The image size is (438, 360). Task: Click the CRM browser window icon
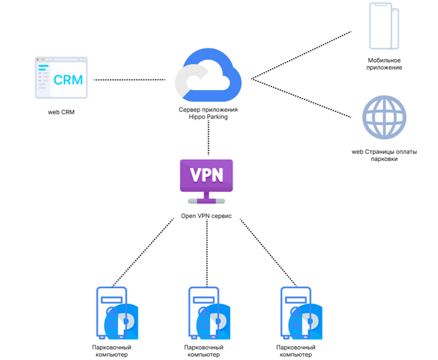point(61,78)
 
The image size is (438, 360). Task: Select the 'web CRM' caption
point(61,113)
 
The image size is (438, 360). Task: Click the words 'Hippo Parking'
point(208,116)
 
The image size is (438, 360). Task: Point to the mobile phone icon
point(384,26)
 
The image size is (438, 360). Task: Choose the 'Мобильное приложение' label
point(384,64)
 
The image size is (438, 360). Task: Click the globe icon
point(384,118)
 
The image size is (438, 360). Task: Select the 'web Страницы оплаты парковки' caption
point(384,155)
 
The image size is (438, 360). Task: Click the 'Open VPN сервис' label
point(207,216)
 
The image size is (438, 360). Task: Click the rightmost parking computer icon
point(299,312)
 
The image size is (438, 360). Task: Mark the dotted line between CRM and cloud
point(130,80)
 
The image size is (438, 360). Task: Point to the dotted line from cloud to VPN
point(209,137)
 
